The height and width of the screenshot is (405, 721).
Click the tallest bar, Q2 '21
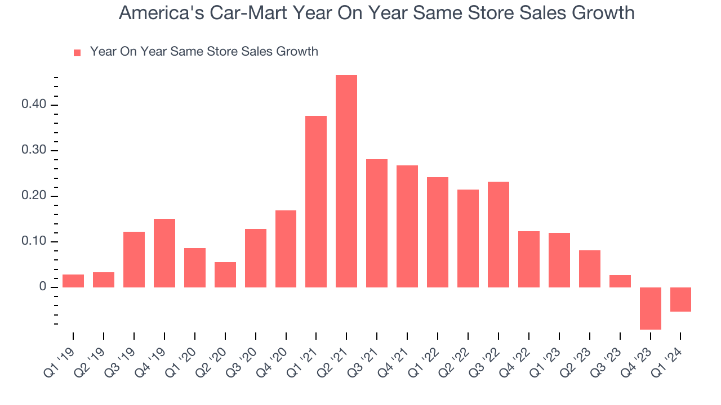(x=346, y=181)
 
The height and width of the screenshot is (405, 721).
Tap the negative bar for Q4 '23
(x=650, y=308)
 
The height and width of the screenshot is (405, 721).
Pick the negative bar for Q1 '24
(x=680, y=299)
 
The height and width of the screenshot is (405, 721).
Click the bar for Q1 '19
(x=73, y=281)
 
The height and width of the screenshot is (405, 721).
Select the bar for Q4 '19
(x=164, y=253)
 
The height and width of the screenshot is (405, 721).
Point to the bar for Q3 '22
(x=499, y=235)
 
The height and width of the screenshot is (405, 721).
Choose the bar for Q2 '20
(x=225, y=274)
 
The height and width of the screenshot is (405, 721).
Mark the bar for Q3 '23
(x=620, y=281)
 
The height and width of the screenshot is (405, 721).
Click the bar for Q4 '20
(x=286, y=249)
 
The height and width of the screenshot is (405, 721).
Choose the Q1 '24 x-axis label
(x=669, y=360)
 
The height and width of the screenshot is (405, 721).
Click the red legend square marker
(x=78, y=53)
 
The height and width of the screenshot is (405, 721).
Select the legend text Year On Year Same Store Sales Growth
(x=204, y=52)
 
